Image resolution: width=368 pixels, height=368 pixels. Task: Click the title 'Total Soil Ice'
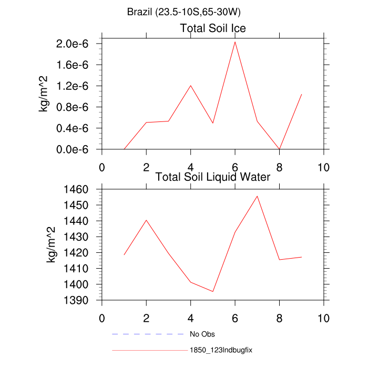[213, 28]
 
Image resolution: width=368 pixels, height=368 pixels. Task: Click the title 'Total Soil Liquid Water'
[213, 177]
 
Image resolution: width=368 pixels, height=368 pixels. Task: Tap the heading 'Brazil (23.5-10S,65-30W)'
[183, 12]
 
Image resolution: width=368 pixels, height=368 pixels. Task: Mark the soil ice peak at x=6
[235, 42]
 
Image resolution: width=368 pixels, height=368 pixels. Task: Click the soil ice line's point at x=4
[190, 86]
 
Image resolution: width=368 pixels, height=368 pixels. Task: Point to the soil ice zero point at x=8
[280, 149]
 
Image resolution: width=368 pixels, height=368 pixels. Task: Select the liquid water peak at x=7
[257, 196]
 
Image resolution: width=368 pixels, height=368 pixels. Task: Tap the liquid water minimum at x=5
[213, 291]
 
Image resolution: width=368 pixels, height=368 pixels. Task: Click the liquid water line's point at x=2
[146, 220]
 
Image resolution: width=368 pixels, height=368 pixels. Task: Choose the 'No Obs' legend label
[202, 334]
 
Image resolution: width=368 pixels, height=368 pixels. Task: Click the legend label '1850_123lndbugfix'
[222, 350]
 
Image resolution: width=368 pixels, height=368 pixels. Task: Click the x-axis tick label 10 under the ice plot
[324, 167]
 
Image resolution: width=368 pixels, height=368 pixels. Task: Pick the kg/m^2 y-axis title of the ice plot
[44, 94]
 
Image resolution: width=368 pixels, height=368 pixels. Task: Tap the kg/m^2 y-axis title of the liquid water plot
[52, 244]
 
